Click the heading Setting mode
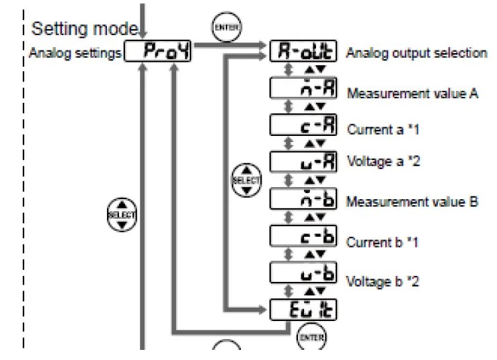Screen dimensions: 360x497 85,30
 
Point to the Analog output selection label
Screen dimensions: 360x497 416,53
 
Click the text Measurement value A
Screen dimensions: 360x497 412,94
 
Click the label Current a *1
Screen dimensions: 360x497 381,129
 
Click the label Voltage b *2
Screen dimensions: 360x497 381,281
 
